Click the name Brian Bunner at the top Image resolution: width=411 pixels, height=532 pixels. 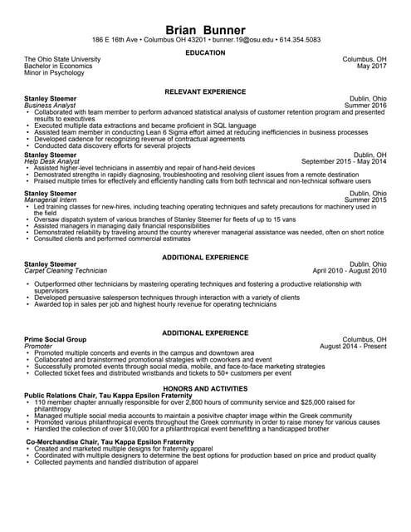205,29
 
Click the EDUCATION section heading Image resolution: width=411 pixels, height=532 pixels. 205,53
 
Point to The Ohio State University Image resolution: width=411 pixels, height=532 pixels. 62,60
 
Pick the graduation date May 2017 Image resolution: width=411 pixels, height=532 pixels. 371,67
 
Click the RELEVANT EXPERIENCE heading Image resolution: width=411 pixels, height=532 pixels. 205,90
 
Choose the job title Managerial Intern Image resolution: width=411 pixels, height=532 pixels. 53,200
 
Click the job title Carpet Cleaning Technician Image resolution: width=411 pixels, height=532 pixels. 66,271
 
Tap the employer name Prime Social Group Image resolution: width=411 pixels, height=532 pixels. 56,340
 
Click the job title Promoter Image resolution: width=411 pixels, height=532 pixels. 38,347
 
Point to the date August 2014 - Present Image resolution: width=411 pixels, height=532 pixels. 353,347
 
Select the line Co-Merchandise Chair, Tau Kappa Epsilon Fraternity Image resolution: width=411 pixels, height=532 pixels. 109,441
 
